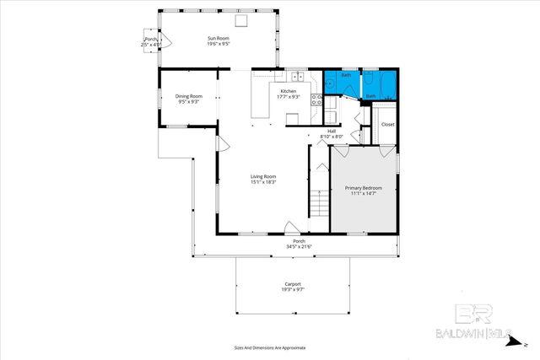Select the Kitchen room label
click(x=289, y=90)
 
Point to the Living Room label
click(x=263, y=175)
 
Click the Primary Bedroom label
click(x=363, y=187)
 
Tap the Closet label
click(x=387, y=124)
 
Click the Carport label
click(x=293, y=284)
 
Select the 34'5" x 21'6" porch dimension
click(x=299, y=247)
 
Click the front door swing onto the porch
click(x=290, y=228)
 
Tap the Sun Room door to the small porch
click(x=166, y=39)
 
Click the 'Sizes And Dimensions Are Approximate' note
click(x=270, y=347)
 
